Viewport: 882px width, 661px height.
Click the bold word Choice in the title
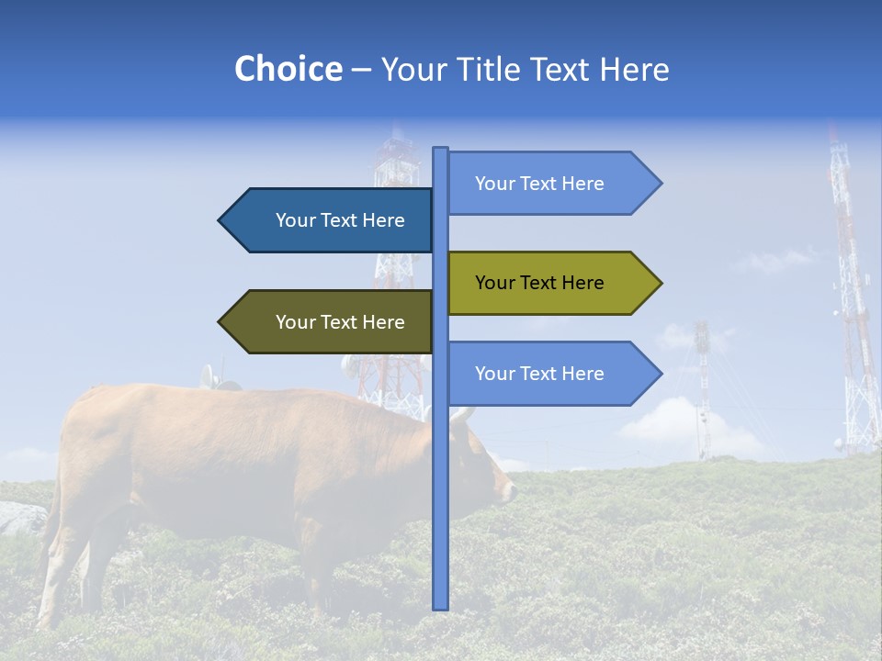point(288,69)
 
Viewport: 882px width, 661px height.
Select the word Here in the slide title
point(634,69)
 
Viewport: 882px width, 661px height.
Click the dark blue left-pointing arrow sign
point(331,220)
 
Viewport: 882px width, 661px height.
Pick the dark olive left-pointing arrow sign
point(331,322)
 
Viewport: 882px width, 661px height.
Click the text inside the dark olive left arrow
point(340,322)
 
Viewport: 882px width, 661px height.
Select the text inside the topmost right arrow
point(539,184)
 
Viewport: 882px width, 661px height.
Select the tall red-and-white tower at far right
point(851,303)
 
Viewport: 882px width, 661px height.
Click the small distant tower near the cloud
point(703,386)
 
